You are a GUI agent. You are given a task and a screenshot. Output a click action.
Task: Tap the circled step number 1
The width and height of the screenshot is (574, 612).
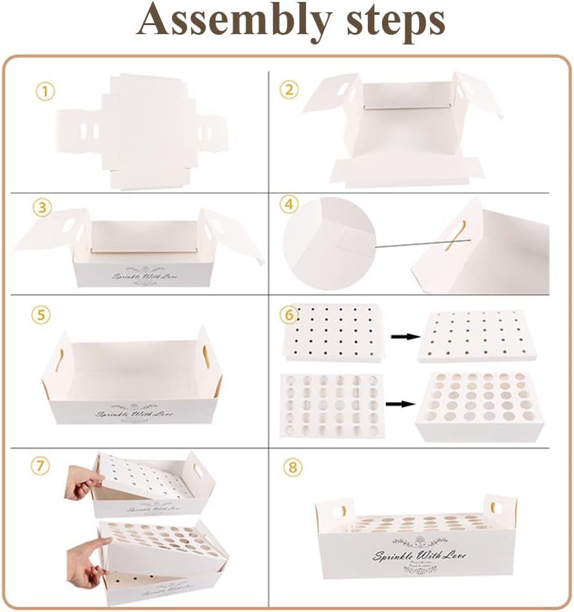[44, 91]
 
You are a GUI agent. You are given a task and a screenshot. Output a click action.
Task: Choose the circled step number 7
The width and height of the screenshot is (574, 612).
[42, 466]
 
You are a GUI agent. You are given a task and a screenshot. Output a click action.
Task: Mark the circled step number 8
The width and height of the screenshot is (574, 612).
[293, 467]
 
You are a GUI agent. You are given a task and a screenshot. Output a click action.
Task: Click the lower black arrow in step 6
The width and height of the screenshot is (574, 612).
[400, 404]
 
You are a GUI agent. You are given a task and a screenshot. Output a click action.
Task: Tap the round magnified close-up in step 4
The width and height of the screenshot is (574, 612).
[329, 244]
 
